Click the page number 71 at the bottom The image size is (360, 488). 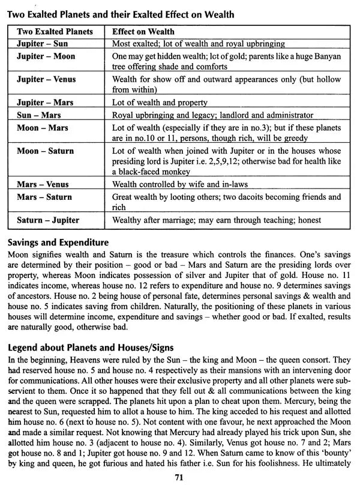pos(179,478)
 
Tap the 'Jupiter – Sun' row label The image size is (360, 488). pos(42,44)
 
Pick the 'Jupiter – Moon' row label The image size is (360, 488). pos(45,55)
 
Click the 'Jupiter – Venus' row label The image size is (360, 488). pos(47,79)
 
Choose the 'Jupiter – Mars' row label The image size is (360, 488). pos(45,103)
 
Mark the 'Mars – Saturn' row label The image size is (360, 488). pos(44,196)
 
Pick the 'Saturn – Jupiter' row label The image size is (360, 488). pos(48,220)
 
